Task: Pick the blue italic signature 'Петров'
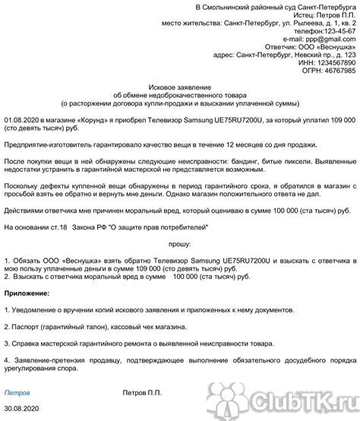17,394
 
